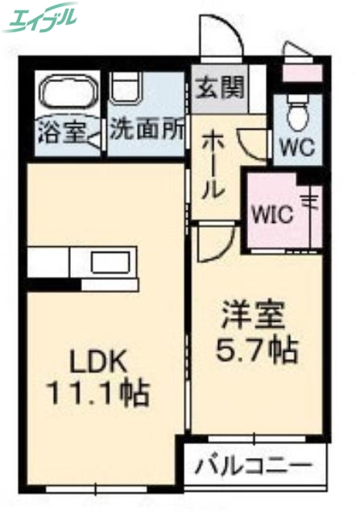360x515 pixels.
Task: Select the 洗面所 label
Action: point(147,129)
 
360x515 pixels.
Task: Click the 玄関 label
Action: point(219,87)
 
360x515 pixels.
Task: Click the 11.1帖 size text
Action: point(101,393)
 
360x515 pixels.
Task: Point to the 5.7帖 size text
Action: point(258,348)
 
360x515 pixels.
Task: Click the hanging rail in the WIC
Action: point(310,213)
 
